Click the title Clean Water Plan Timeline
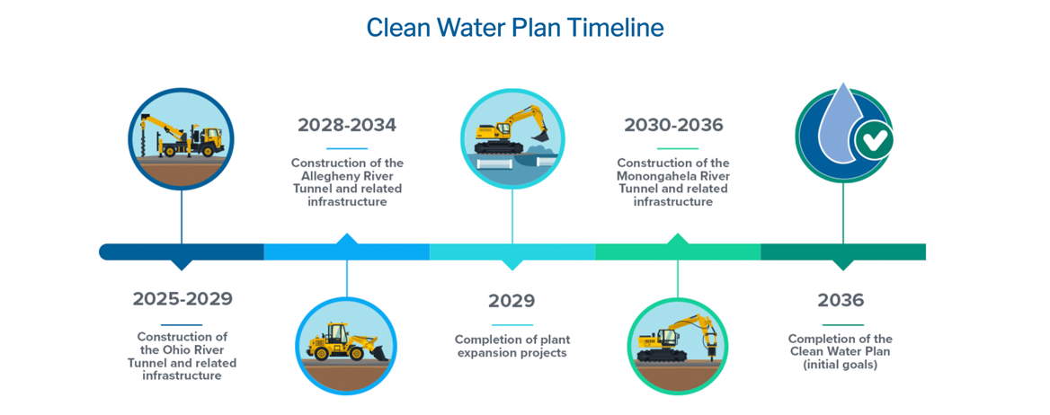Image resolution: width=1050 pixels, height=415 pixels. pyautogui.click(x=516, y=28)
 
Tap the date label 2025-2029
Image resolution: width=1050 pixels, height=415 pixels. pyautogui.click(x=182, y=299)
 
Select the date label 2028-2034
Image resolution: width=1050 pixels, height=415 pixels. pyautogui.click(x=347, y=125)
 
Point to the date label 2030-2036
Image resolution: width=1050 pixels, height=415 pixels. pyautogui.click(x=673, y=125)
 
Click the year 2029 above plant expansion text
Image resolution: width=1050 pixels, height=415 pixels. pyautogui.click(x=512, y=301)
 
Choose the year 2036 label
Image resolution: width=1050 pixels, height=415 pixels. pyautogui.click(x=841, y=301)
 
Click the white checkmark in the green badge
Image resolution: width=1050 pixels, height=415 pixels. pyautogui.click(x=874, y=140)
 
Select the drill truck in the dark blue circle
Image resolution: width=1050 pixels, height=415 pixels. pyautogui.click(x=181, y=136)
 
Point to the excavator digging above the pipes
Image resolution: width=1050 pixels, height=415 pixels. pyautogui.click(x=512, y=129)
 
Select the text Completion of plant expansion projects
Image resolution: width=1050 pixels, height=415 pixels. pyautogui.click(x=512, y=346)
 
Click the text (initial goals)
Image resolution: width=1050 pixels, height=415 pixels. pyautogui.click(x=841, y=365)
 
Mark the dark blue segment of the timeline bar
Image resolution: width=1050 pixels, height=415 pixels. pyautogui.click(x=182, y=252)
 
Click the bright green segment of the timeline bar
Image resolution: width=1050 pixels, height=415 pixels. pyautogui.click(x=678, y=252)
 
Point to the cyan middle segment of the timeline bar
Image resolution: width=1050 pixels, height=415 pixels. pyautogui.click(x=512, y=252)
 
